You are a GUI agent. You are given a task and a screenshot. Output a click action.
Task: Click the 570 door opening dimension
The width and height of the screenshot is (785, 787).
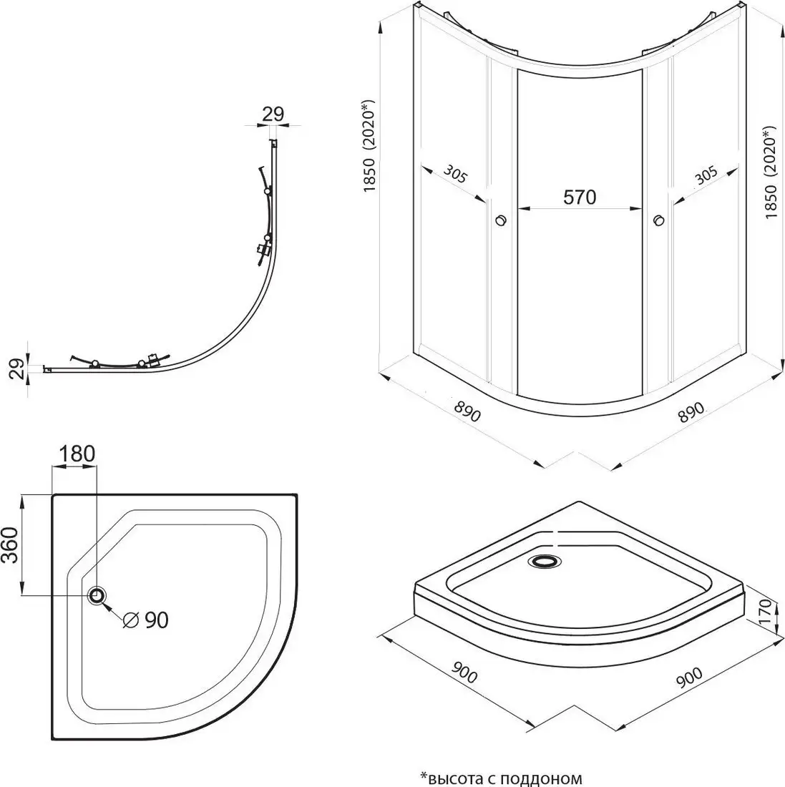(x=579, y=197)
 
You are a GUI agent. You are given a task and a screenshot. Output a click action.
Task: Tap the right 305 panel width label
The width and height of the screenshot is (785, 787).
(x=706, y=176)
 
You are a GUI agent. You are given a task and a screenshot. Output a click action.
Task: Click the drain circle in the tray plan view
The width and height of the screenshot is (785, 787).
(x=97, y=595)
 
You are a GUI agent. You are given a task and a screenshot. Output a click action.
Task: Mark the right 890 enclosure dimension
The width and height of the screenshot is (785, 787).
(x=693, y=419)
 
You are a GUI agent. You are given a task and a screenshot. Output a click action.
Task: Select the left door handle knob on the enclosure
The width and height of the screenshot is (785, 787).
(x=501, y=221)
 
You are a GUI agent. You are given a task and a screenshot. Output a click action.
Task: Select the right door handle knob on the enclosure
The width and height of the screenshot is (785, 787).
(x=658, y=221)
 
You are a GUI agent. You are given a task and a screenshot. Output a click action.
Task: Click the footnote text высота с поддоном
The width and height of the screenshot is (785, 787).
(x=501, y=778)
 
